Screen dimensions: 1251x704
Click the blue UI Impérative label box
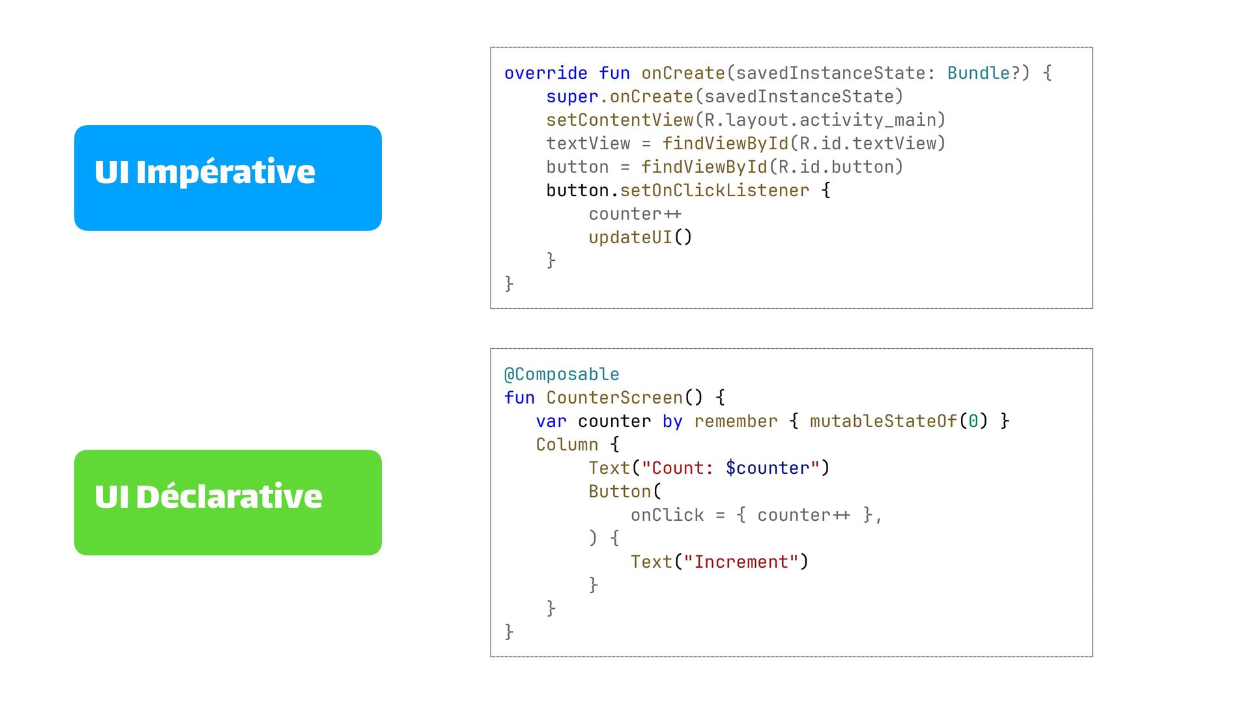tap(227, 177)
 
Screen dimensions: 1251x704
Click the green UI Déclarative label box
tap(227, 502)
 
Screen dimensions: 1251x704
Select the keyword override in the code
tap(545, 73)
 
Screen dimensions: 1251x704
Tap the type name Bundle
tap(978, 73)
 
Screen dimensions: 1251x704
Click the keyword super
tap(571, 96)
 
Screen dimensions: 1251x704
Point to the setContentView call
tap(619, 120)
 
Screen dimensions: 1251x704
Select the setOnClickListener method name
tap(714, 190)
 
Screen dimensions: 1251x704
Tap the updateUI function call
tap(630, 237)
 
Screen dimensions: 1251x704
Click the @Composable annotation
tap(561, 374)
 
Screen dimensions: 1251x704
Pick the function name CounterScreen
tap(614, 398)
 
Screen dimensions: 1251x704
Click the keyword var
tap(551, 421)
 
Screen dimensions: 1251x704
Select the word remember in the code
tap(736, 421)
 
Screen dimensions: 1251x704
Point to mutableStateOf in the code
tap(883, 421)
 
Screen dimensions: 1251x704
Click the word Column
tap(567, 445)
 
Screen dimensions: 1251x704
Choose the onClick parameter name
tap(667, 515)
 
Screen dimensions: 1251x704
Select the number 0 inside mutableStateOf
tap(973, 421)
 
